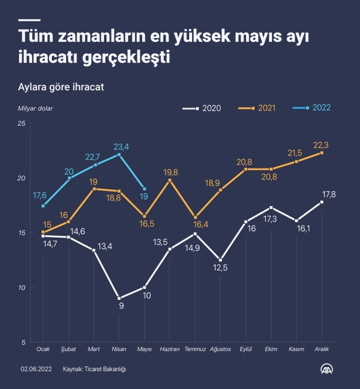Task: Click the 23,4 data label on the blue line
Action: pos(121,147)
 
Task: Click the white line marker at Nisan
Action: pos(119,298)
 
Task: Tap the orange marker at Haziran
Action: pos(170,181)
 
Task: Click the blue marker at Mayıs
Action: pos(144,189)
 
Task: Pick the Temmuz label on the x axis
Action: pos(195,349)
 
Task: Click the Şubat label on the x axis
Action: pos(68,349)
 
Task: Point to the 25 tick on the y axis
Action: pos(21,124)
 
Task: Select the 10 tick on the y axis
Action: pos(21,288)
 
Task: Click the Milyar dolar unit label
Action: pos(35,108)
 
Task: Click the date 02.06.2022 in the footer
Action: pos(37,369)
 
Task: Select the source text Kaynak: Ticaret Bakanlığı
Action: pos(94,369)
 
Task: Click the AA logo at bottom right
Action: pos(328,368)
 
